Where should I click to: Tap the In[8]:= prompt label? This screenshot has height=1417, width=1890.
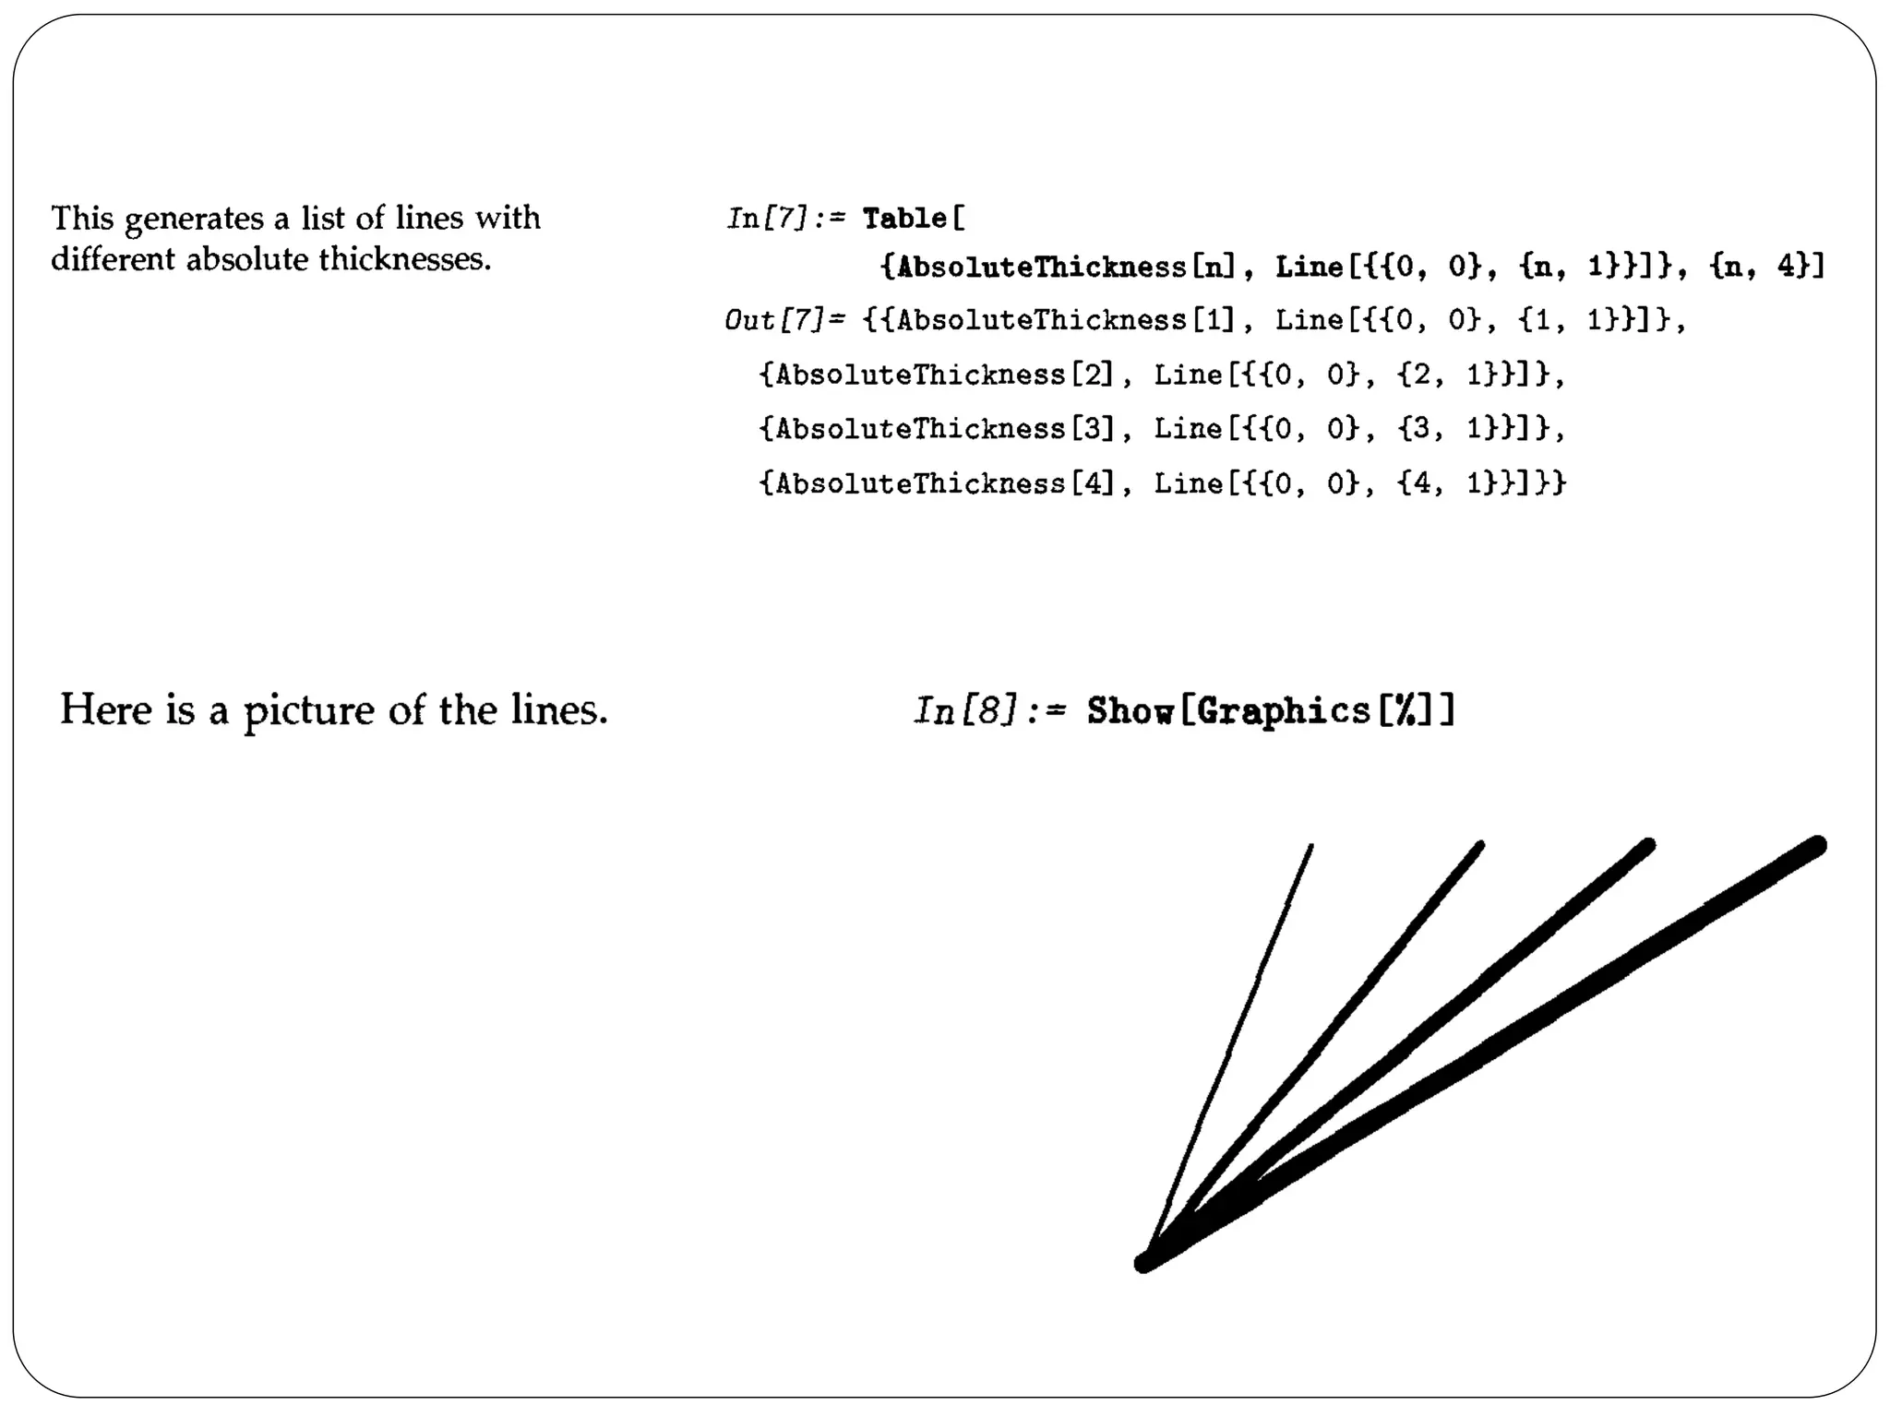[x=989, y=710]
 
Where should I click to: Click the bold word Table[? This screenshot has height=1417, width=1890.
[x=914, y=219]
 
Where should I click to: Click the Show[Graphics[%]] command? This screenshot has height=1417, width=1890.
[x=1270, y=710]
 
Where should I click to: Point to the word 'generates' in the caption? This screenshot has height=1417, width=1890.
[x=194, y=220]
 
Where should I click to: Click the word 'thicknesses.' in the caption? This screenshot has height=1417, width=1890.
[x=405, y=259]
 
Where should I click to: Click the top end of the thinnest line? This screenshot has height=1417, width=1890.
[x=1311, y=846]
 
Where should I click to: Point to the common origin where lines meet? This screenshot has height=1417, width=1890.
[x=1145, y=1262]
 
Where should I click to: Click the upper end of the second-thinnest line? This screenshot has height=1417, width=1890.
[x=1480, y=845]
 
